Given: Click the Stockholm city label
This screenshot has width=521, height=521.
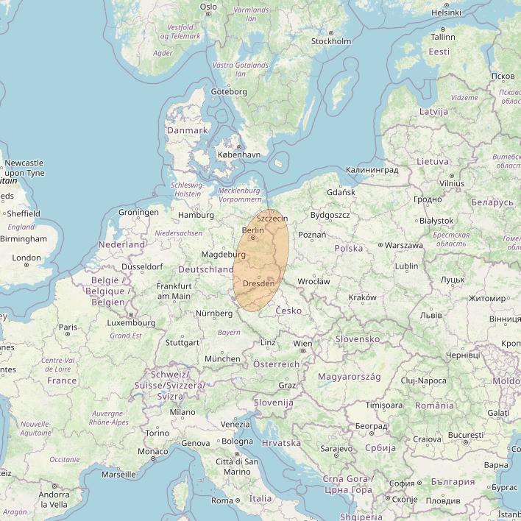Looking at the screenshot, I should coord(330,41).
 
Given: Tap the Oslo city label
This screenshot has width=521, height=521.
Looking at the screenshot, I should coord(209,7).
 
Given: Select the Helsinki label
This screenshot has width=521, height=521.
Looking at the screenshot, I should coord(446,13).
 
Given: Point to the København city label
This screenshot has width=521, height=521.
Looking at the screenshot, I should coord(239,155).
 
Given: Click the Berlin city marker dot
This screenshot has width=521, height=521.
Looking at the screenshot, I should coord(253,238).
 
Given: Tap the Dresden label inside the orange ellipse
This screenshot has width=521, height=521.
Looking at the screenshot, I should coord(258,283).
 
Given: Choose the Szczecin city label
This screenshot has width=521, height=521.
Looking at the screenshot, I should coord(272,219).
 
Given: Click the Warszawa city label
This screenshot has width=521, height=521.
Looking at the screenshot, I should coord(403,245).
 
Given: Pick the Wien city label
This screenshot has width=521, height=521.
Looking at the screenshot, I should coord(302,343).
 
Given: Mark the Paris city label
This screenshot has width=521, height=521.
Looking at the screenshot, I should coord(68,327).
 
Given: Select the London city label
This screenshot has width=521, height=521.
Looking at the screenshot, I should coord(26,258).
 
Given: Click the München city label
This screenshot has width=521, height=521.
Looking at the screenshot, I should coord(222,358).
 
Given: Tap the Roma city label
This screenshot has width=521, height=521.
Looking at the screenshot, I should coord(221,500).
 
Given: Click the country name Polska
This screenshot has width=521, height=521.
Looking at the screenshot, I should coord(349,249).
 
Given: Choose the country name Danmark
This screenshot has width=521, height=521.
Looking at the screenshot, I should coord(187,130).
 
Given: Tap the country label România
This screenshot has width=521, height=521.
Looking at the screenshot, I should coord(434,405).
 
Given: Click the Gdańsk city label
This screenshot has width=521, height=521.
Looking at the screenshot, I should coord(341,192).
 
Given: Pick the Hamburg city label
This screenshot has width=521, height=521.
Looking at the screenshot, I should coord(195,216).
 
